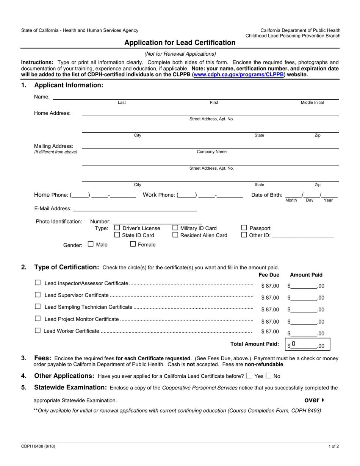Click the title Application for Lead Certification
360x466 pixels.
click(x=180, y=42)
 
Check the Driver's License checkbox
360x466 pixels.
click(x=117, y=228)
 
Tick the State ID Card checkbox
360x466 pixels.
click(x=117, y=235)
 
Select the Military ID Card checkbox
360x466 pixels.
click(x=175, y=228)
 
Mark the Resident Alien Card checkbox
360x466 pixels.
click(x=175, y=235)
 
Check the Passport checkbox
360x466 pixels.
click(x=244, y=228)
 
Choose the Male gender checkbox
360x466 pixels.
click(x=91, y=244)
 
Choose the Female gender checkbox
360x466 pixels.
click(x=133, y=244)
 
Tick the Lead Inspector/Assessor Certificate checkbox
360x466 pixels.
click(x=38, y=283)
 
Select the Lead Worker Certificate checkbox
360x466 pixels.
click(x=38, y=330)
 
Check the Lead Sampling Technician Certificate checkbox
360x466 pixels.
click(x=38, y=306)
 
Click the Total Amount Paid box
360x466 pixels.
click(x=308, y=345)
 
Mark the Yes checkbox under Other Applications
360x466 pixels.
click(x=249, y=376)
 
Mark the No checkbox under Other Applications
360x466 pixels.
click(x=269, y=376)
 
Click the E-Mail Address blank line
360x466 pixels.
click(x=135, y=209)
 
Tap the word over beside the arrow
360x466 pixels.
click(x=312, y=400)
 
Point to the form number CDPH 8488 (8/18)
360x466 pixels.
click(x=38, y=446)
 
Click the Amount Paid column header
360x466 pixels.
click(x=306, y=275)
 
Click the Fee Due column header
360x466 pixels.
click(x=269, y=275)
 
